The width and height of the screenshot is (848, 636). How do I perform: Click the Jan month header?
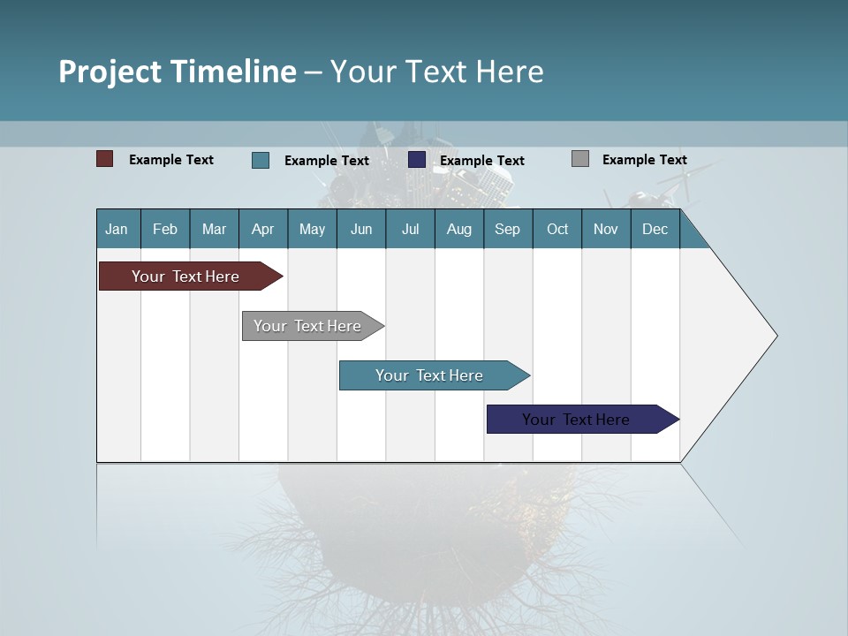tap(117, 229)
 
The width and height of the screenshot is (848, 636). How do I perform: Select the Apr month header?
tap(263, 229)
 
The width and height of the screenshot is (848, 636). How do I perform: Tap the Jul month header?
tap(410, 229)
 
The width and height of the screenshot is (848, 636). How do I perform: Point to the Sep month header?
tap(507, 229)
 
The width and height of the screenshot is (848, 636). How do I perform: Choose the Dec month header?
tap(655, 229)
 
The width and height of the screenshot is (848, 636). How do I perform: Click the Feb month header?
tap(165, 229)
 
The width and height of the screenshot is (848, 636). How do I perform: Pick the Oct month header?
tap(557, 229)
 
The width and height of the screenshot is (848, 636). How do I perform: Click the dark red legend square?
tap(105, 159)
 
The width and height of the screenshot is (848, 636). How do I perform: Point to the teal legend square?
tap(261, 160)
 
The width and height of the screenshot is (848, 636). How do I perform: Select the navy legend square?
tap(417, 160)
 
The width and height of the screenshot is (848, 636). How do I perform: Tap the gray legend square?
tap(580, 159)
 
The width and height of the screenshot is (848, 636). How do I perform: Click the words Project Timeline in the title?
tap(178, 72)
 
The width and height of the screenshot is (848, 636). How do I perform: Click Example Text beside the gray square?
tap(644, 160)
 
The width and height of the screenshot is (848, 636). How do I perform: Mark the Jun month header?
tap(361, 229)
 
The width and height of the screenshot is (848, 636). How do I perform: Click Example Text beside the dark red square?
tap(171, 160)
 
